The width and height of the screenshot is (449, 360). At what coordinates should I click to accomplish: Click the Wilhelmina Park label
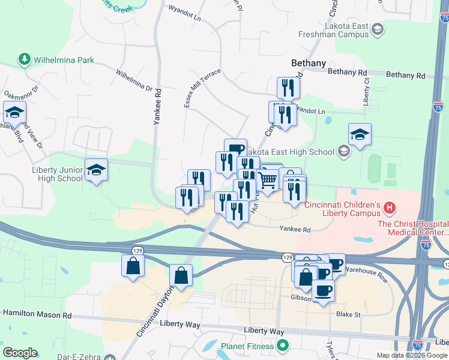[64, 60]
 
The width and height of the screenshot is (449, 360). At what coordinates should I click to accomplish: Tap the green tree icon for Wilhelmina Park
[25, 59]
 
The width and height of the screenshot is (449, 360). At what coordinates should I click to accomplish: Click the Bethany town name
[308, 62]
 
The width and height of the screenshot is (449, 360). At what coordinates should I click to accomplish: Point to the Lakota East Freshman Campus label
[335, 31]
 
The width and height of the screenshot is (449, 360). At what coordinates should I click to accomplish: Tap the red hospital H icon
[390, 208]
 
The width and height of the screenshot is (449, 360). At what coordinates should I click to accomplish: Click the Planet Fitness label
[247, 346]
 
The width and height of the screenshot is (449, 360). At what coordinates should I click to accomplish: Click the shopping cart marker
[267, 181]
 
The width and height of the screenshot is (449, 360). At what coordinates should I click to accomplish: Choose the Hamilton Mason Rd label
[37, 314]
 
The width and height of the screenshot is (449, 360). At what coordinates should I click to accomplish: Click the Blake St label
[348, 314]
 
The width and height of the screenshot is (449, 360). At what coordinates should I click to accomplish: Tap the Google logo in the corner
[20, 353]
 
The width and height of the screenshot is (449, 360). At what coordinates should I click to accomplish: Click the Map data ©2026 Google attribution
[412, 355]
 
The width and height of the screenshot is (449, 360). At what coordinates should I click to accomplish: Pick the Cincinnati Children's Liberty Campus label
[343, 209]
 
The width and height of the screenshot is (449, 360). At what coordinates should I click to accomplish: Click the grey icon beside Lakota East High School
[343, 151]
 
